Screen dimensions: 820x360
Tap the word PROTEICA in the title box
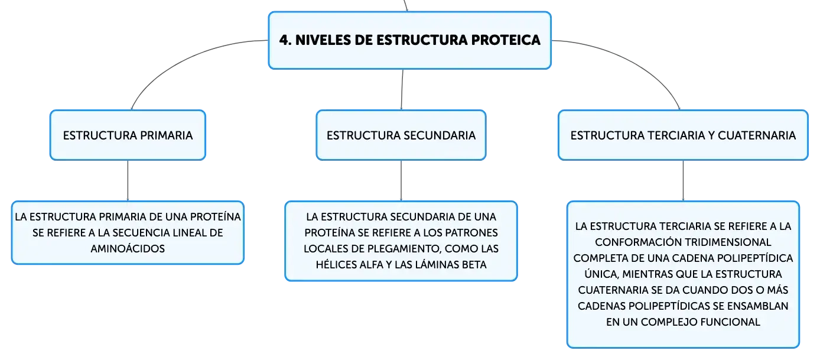tap(506, 40)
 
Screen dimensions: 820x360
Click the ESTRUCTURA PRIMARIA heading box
tap(128, 135)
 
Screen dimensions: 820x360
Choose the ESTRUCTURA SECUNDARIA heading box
tap(401, 135)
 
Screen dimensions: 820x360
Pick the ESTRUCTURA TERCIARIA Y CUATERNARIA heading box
tap(683, 135)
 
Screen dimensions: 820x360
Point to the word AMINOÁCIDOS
tap(128, 249)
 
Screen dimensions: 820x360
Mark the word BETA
tap(474, 264)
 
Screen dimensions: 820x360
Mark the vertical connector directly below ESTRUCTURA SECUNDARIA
tap(401, 180)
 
